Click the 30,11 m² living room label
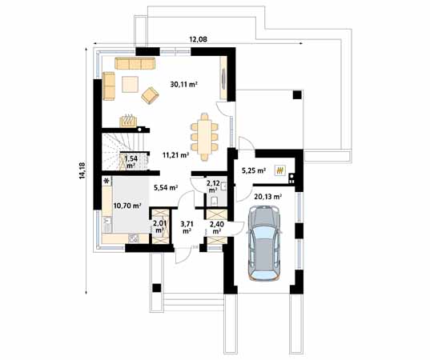click(x=184, y=82)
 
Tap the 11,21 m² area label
click(x=176, y=155)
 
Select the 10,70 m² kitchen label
click(x=128, y=206)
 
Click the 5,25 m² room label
click(x=254, y=170)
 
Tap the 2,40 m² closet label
click(x=216, y=227)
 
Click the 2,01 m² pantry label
click(x=159, y=227)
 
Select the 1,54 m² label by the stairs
click(x=131, y=163)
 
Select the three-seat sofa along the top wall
click(x=135, y=62)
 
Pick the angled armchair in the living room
click(x=150, y=96)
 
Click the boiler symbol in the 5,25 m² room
click(x=279, y=170)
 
